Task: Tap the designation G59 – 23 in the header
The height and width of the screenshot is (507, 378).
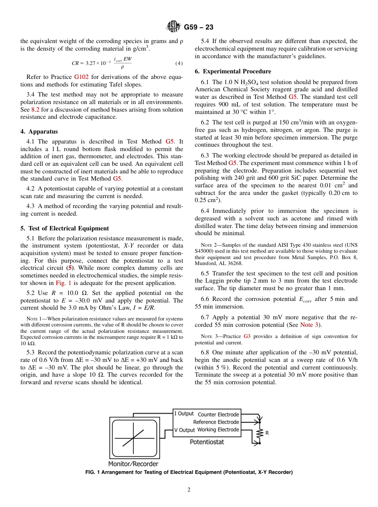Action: [199, 27]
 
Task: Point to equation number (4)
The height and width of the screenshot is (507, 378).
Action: [179, 63]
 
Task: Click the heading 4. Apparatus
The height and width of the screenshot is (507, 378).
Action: [39, 132]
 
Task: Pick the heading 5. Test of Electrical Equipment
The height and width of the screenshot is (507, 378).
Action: [64, 228]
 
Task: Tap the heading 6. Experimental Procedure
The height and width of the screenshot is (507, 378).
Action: [233, 71]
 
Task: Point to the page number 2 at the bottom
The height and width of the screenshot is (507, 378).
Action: [189, 490]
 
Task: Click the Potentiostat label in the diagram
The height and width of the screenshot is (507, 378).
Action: [207, 442]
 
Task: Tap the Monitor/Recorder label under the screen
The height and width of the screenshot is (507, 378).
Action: [133, 464]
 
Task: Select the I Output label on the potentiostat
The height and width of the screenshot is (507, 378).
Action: [184, 414]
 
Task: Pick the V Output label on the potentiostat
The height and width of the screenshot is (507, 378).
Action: [184, 430]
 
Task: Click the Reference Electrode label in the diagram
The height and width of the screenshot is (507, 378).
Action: [216, 422]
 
